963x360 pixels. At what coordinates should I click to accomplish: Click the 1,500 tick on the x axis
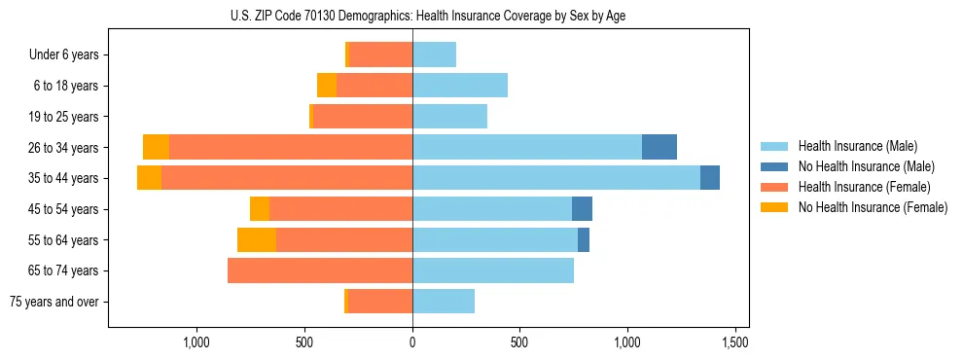[x=735, y=342]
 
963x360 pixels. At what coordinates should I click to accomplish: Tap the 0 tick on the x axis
[x=412, y=342]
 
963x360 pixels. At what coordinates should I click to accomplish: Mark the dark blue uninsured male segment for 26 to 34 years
[x=660, y=147]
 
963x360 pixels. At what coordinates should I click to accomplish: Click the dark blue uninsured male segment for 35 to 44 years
[x=710, y=178]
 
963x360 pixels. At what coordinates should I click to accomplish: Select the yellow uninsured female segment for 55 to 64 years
[x=257, y=239]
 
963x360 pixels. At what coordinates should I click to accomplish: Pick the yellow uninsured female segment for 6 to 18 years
[x=327, y=86]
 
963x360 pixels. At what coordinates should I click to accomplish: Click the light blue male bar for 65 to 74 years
[x=493, y=270]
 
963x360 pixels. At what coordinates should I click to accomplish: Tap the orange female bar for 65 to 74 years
[x=320, y=270]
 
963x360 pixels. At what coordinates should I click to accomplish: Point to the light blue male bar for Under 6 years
[x=435, y=55]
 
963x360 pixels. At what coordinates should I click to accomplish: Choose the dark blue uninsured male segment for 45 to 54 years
[x=582, y=209]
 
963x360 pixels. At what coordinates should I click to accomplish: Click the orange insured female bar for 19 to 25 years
[x=363, y=117]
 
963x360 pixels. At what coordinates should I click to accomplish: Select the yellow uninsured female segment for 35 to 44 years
[x=149, y=178]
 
